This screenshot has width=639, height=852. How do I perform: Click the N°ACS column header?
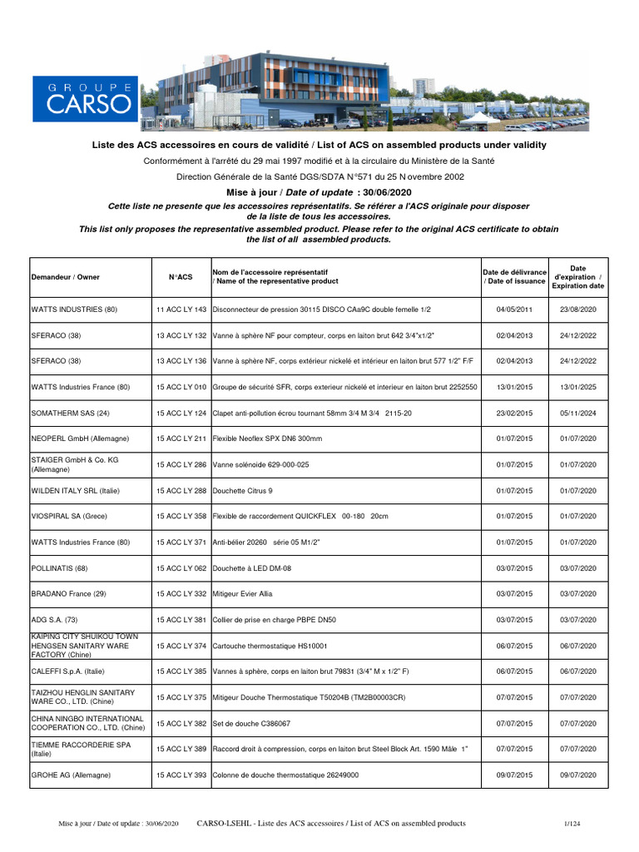(181, 277)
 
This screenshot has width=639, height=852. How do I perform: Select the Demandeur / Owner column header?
(65, 277)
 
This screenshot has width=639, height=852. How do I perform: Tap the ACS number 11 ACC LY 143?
(181, 310)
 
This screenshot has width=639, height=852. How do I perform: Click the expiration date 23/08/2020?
(578, 310)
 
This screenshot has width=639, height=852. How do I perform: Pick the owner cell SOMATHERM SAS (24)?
(71, 413)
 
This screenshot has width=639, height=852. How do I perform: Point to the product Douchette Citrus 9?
(243, 491)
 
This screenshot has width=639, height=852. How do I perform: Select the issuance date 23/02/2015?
(514, 413)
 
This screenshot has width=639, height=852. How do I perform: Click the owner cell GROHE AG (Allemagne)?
(71, 775)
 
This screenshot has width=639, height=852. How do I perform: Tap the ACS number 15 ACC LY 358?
(181, 517)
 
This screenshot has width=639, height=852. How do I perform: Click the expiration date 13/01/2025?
(578, 387)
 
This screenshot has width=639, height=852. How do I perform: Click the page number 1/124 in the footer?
(572, 824)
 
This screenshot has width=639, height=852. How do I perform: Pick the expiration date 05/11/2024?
(578, 413)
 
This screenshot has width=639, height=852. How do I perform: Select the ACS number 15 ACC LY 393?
(181, 775)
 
